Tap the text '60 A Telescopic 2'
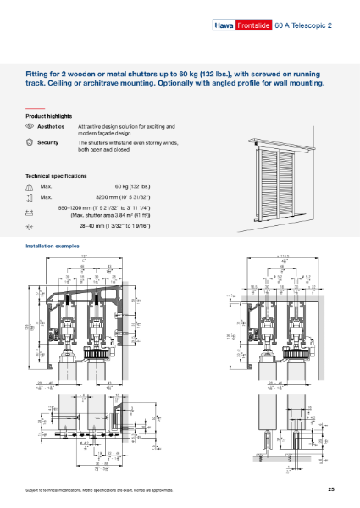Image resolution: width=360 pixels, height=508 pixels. click(x=302, y=25)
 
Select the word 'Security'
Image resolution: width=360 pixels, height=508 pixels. click(x=48, y=142)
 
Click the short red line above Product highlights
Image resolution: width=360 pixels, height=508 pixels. click(x=35, y=108)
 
